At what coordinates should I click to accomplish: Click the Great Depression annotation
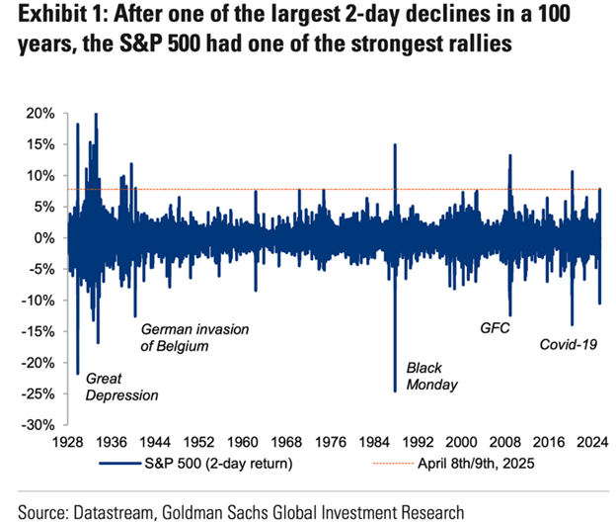click(121, 387)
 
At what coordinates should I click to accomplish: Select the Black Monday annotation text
click(431, 376)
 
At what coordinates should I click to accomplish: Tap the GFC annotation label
click(494, 327)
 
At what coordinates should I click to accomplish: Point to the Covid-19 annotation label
click(570, 345)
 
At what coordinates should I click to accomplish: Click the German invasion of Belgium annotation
click(194, 337)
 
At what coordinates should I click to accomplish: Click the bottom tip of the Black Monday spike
click(395, 391)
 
